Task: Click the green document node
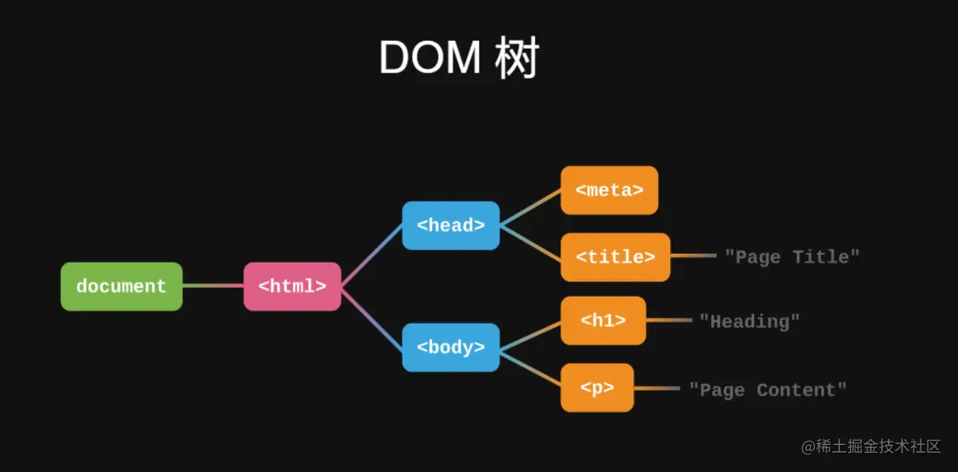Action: (x=121, y=286)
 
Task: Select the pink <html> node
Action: (x=292, y=286)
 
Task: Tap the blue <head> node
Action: (x=450, y=225)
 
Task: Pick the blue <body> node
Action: (x=450, y=347)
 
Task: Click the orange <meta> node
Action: (x=609, y=190)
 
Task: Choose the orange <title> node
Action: (x=615, y=257)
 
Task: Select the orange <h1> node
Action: (x=603, y=321)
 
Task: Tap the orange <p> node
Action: (x=597, y=388)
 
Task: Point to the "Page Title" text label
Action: (x=792, y=257)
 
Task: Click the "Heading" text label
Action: (x=749, y=321)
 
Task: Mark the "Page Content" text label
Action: (x=768, y=389)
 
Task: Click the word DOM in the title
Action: (x=429, y=58)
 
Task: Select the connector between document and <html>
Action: (x=213, y=285)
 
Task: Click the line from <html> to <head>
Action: (x=372, y=255)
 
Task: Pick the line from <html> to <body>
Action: (x=372, y=317)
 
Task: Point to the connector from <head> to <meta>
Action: (x=530, y=208)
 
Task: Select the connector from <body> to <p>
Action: (x=530, y=368)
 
